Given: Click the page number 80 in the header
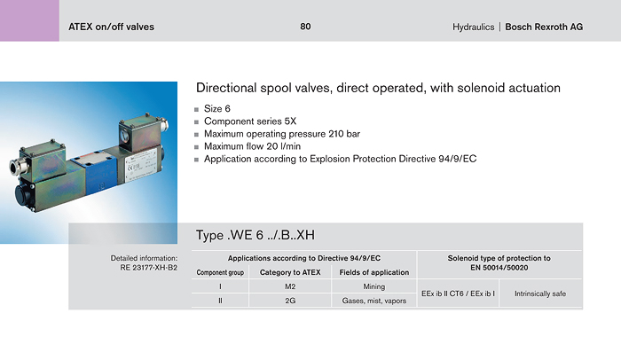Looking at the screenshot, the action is coord(305,27).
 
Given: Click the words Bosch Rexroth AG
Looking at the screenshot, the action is coord(544,27).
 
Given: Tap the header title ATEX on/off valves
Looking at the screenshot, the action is coord(111,27).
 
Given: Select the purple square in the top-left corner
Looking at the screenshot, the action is coord(29,20).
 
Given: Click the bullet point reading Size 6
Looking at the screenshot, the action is coord(217,108).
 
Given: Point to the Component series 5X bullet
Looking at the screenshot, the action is coord(250,121).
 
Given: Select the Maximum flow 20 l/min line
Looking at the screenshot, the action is coord(252,146).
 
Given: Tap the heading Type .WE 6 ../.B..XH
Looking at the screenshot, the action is coord(255,235).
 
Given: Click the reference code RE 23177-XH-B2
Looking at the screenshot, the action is coord(148,267).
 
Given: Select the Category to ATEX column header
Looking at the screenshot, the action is coord(290,272).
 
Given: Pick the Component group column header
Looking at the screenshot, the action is coord(220,272).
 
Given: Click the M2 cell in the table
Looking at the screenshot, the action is coord(290,286).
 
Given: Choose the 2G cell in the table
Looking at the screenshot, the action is coord(290,301).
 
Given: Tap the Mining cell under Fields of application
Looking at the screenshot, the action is coord(374,286).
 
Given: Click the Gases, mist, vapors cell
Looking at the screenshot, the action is coord(374,301).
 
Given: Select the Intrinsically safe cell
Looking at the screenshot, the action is coord(540,293).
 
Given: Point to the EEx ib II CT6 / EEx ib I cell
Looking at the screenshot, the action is coord(458,293).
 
